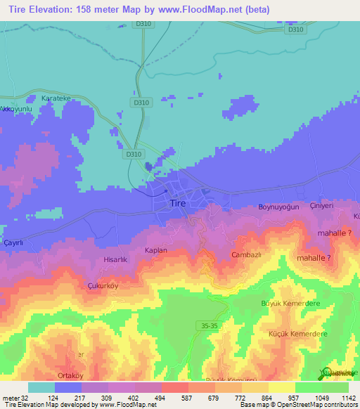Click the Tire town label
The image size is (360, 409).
(179, 204)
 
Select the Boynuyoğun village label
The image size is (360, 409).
(279, 207)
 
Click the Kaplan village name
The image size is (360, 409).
(155, 250)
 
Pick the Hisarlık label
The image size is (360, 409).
(115, 259)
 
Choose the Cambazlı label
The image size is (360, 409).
(247, 255)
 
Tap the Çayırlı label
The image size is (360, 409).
(13, 242)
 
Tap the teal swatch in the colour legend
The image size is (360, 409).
(41, 387)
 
